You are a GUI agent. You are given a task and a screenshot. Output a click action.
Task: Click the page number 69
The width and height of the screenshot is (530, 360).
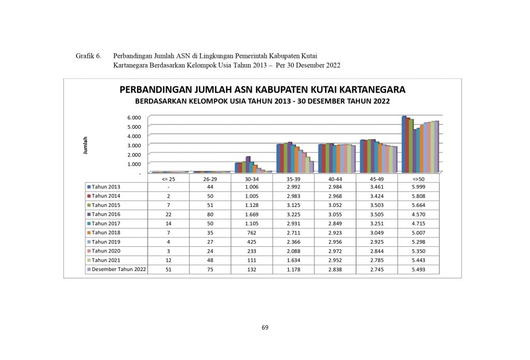pos(265,327)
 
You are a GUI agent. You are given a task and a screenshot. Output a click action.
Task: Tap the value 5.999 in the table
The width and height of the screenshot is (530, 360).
pos(418,186)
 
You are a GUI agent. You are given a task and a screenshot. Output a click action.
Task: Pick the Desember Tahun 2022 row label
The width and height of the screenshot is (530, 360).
pos(119,269)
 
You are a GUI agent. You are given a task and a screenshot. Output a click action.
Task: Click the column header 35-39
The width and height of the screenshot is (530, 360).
pos(293,178)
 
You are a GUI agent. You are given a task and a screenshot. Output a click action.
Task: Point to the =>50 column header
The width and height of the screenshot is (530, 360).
pos(418,178)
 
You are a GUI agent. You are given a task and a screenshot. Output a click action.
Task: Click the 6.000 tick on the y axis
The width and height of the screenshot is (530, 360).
pos(134,117)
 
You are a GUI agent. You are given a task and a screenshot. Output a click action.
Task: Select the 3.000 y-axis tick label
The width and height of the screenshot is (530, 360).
pos(134,145)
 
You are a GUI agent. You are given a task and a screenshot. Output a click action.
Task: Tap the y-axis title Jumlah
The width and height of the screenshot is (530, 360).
pos(86,145)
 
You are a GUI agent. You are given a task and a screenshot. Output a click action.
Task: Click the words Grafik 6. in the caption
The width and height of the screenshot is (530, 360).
pos(87,55)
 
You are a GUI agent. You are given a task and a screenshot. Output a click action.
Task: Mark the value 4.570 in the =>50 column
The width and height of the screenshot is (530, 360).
pos(418,214)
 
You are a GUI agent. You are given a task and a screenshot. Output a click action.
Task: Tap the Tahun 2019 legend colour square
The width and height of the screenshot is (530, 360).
pos(89,242)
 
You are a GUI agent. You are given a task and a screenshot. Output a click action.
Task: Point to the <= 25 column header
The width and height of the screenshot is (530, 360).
pos(168,178)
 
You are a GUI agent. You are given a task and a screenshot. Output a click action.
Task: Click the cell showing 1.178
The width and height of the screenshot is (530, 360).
pos(293,269)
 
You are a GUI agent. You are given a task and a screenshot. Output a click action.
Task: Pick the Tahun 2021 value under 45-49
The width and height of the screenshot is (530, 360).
pos(376,260)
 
